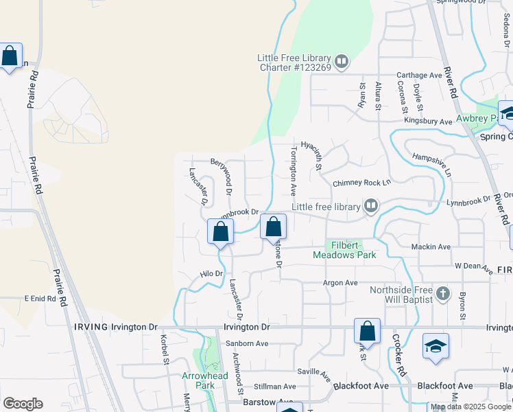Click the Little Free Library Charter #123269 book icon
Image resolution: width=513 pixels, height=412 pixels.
(x=342, y=62)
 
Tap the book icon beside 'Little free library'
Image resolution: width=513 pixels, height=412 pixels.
(x=371, y=205)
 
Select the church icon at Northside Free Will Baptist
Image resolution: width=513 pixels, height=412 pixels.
(x=443, y=295)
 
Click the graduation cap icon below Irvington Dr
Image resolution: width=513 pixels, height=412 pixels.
(x=436, y=347)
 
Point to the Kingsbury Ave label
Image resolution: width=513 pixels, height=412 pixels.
(x=427, y=121)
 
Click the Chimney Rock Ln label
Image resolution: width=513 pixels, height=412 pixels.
(x=361, y=183)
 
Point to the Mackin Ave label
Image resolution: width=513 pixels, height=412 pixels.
(x=431, y=247)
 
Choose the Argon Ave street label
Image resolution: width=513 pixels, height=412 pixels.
(x=341, y=283)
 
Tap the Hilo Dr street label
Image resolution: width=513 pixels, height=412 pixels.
(x=212, y=273)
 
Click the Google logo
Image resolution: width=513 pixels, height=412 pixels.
(x=23, y=404)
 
